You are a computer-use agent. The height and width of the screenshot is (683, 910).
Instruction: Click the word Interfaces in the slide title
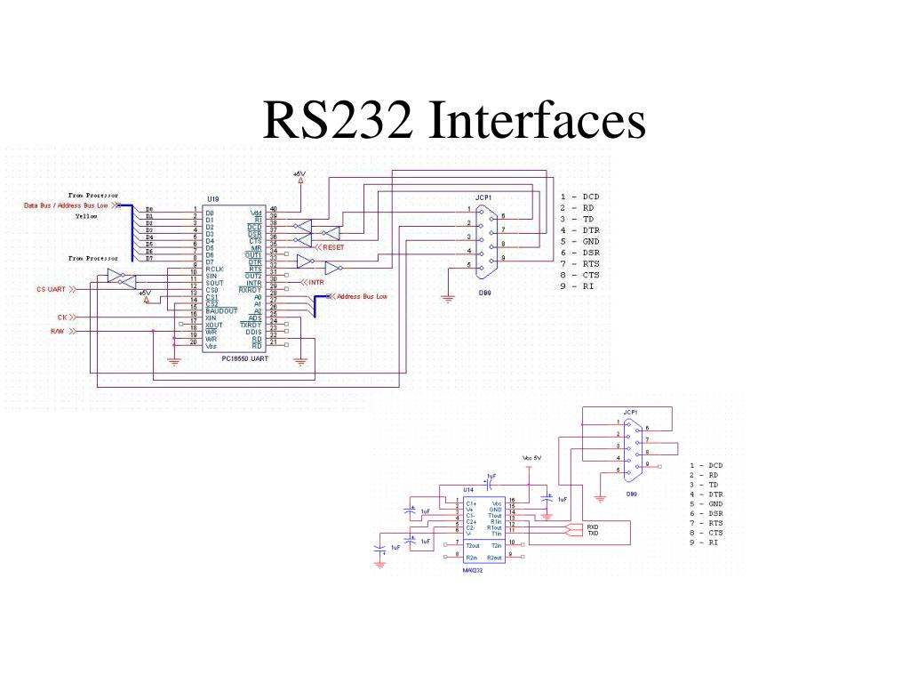(x=536, y=121)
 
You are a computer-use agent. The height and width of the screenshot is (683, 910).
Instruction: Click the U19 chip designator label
(x=213, y=200)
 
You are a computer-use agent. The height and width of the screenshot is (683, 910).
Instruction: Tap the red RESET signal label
(x=332, y=247)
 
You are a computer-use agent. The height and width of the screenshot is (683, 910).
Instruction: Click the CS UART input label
(x=52, y=289)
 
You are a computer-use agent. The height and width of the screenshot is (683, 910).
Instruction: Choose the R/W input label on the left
(x=57, y=331)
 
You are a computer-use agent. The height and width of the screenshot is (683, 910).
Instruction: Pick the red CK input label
(x=62, y=317)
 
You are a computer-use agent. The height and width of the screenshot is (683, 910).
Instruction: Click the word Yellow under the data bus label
(x=87, y=216)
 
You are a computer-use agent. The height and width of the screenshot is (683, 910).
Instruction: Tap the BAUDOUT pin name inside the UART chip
(x=221, y=311)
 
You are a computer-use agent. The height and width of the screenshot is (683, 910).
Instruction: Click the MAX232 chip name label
(x=472, y=570)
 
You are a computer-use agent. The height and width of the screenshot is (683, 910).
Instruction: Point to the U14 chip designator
(x=468, y=490)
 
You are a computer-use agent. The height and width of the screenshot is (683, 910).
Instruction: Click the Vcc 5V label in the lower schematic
(x=532, y=459)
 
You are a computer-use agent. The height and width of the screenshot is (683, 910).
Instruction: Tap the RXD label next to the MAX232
(x=593, y=526)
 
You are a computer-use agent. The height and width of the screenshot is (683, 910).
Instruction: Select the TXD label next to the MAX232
(x=593, y=534)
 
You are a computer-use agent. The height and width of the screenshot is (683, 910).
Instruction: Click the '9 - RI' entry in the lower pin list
(x=703, y=542)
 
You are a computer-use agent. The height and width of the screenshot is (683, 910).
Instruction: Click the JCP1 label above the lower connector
(x=630, y=413)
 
